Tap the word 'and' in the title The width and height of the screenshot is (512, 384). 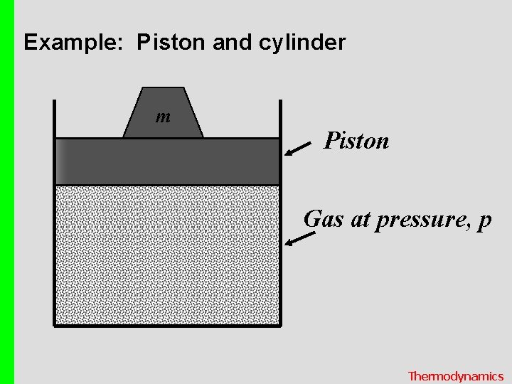(x=232, y=43)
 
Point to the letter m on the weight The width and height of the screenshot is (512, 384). (x=163, y=116)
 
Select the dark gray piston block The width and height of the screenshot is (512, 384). (x=167, y=161)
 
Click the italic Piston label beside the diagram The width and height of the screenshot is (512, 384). (x=356, y=141)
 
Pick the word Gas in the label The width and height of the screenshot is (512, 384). (x=324, y=219)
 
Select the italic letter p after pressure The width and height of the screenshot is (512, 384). (x=485, y=221)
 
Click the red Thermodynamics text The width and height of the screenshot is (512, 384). (x=455, y=376)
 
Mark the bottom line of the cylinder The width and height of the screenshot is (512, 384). (x=167, y=326)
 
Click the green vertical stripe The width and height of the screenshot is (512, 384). (x=7, y=192)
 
